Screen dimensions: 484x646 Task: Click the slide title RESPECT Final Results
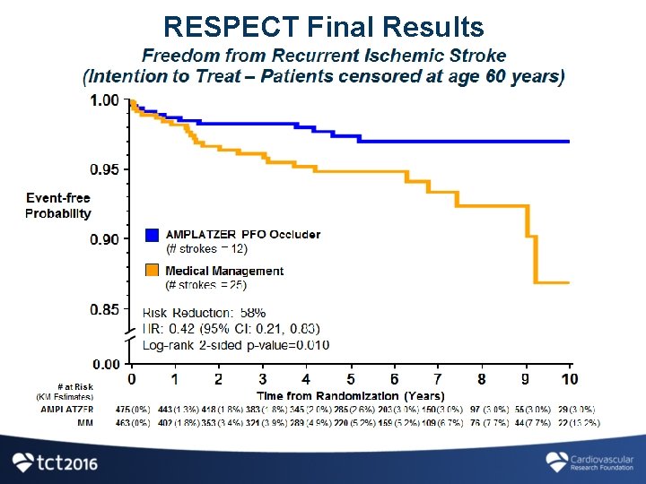323,28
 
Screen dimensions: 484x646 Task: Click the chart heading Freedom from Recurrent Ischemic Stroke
324,56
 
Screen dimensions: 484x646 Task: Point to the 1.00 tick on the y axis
104,100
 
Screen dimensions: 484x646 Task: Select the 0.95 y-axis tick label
104,169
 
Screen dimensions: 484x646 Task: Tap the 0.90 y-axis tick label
104,239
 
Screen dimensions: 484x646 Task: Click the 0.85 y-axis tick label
104,309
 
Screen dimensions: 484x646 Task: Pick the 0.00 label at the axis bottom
104,364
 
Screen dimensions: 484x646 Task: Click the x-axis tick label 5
350,379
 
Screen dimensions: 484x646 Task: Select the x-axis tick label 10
569,379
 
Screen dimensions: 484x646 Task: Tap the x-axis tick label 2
219,379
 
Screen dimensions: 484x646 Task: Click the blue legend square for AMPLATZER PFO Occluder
152,236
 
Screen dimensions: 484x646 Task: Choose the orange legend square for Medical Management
152,271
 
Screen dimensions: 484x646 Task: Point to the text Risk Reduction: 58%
204,313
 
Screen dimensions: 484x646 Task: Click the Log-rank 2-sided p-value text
235,345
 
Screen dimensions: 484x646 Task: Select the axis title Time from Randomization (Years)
350,395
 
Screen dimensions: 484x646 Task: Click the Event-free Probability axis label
58,206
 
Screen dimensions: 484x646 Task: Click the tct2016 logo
56,462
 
